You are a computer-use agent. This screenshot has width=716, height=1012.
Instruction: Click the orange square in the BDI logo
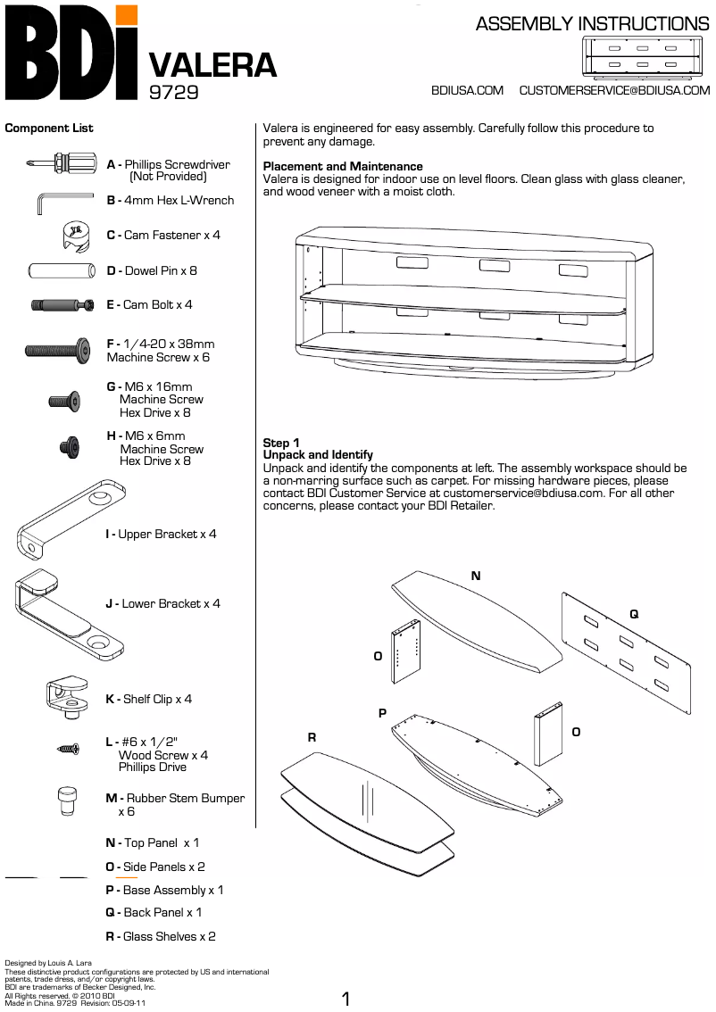(128, 14)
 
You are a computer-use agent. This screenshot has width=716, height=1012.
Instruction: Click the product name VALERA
(212, 65)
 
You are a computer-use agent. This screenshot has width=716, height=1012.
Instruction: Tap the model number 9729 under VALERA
(173, 91)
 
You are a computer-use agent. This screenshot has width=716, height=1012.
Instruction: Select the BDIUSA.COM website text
(467, 90)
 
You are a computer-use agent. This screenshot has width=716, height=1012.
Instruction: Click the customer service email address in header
(614, 90)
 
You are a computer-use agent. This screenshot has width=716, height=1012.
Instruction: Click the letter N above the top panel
(476, 577)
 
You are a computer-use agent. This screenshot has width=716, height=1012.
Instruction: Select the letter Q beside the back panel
(634, 614)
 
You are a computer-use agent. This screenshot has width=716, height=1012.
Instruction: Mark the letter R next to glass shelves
(312, 737)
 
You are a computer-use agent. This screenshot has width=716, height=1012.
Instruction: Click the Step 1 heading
(281, 443)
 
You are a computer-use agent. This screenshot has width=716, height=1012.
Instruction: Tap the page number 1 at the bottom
(346, 1000)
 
